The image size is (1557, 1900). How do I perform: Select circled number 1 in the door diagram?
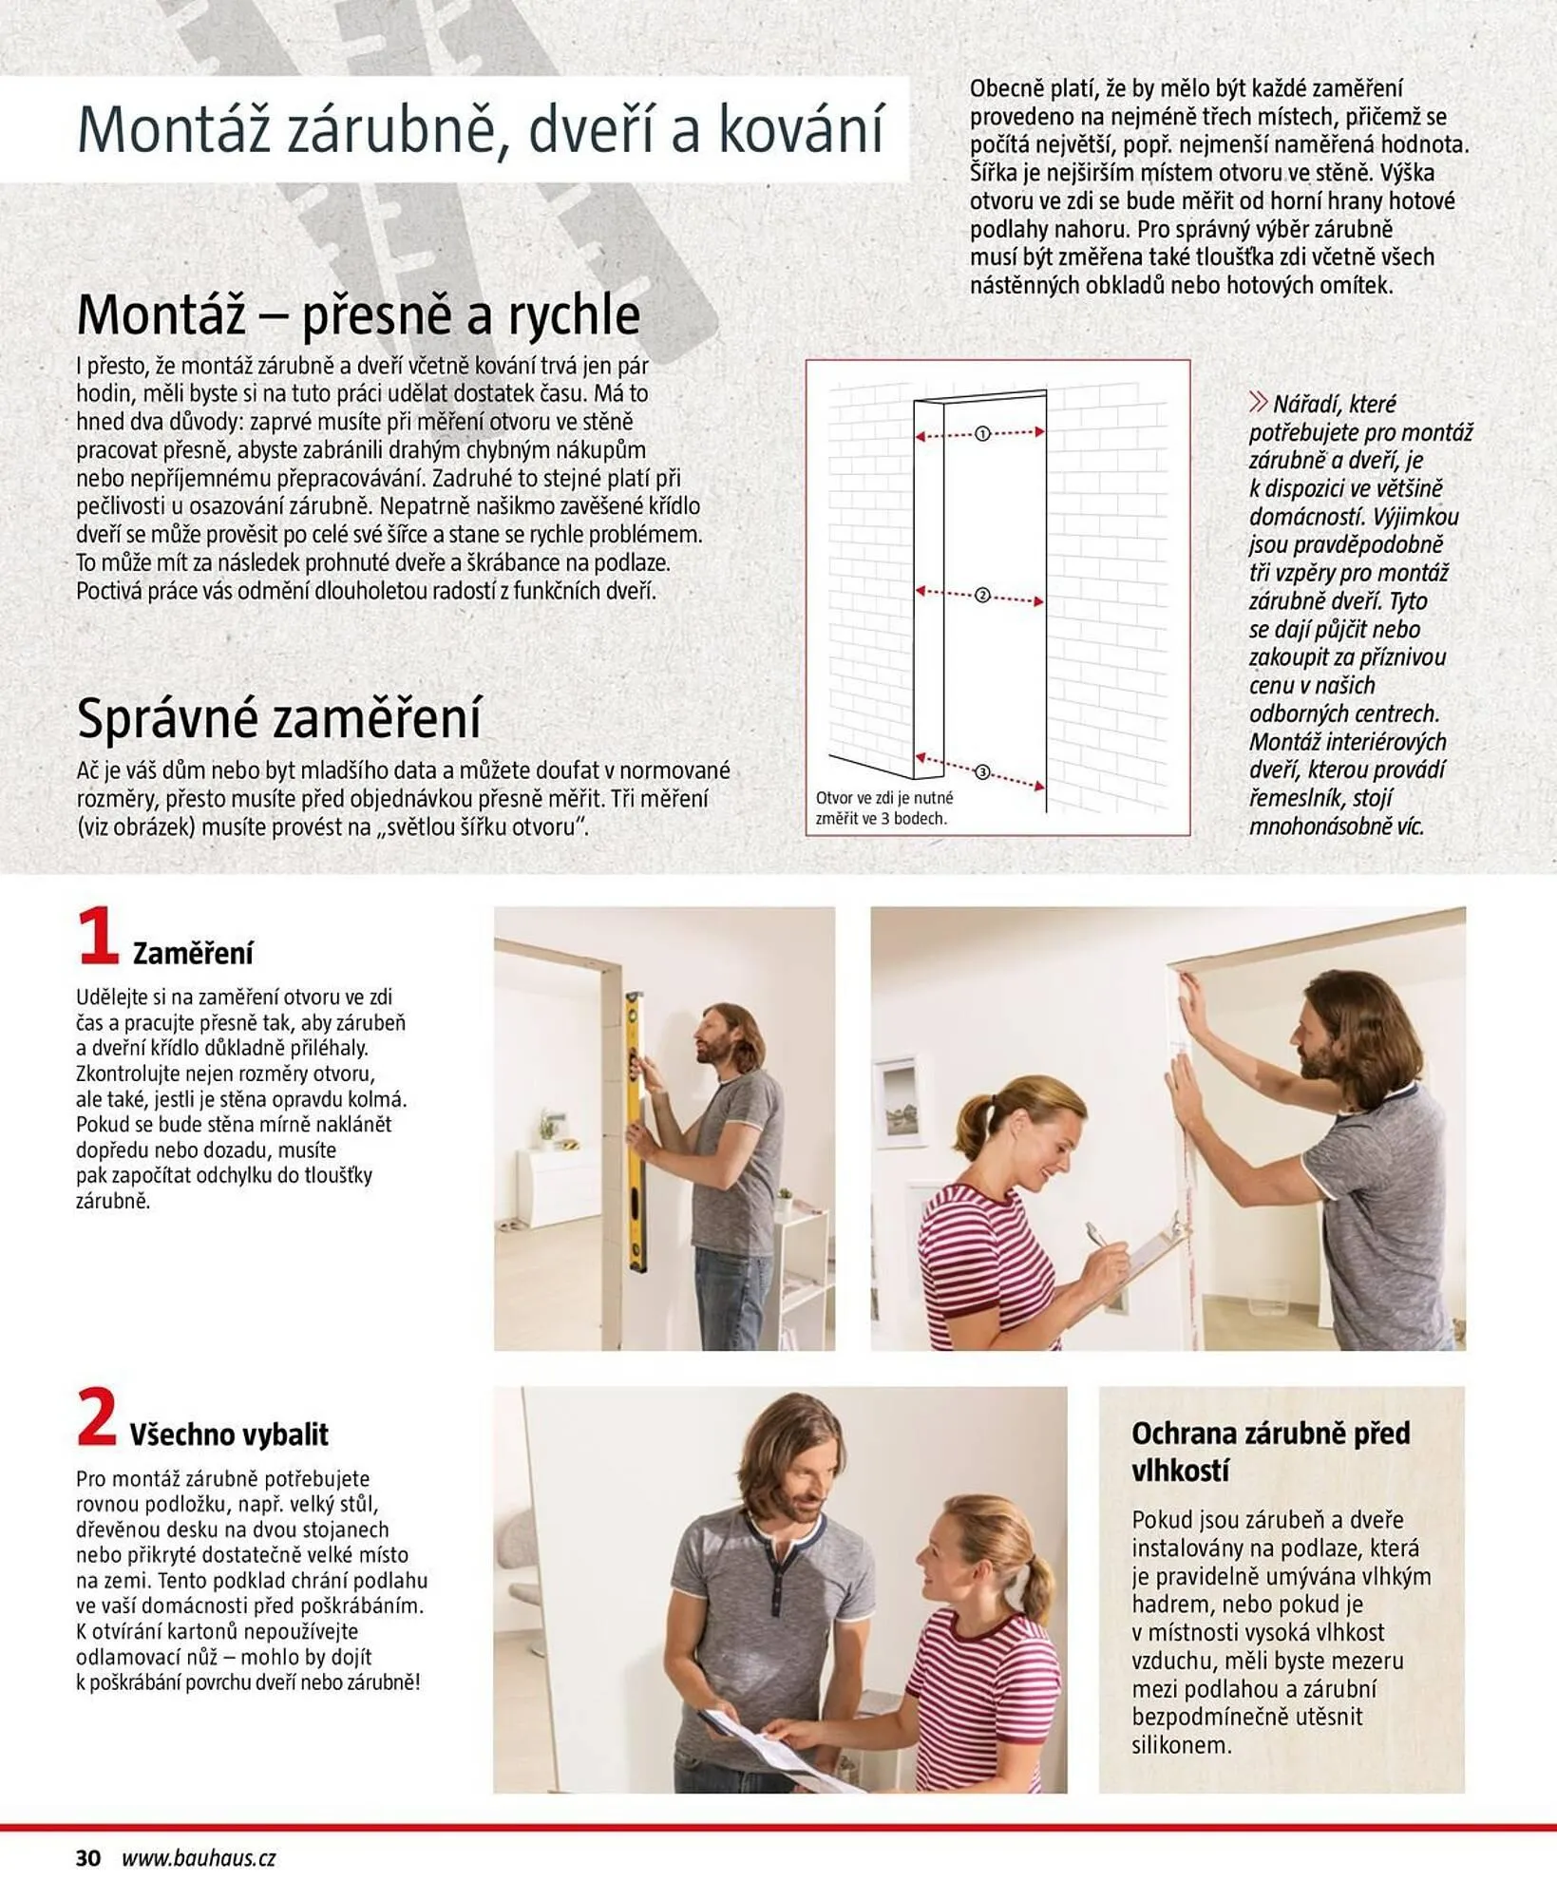click(x=982, y=434)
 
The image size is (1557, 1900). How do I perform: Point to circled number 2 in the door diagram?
click(x=982, y=596)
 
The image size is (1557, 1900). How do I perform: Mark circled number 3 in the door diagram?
click(x=982, y=772)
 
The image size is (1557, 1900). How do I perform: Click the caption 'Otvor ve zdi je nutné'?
click(x=883, y=798)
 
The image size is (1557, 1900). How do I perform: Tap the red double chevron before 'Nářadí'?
click(x=1258, y=403)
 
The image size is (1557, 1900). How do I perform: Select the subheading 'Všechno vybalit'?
click(x=229, y=1434)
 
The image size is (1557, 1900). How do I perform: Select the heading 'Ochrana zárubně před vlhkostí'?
click(x=1270, y=1451)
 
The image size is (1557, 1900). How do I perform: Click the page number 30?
click(x=88, y=1858)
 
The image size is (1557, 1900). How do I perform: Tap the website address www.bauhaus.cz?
click(x=199, y=1858)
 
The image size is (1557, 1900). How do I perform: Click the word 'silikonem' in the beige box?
click(x=1181, y=1745)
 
